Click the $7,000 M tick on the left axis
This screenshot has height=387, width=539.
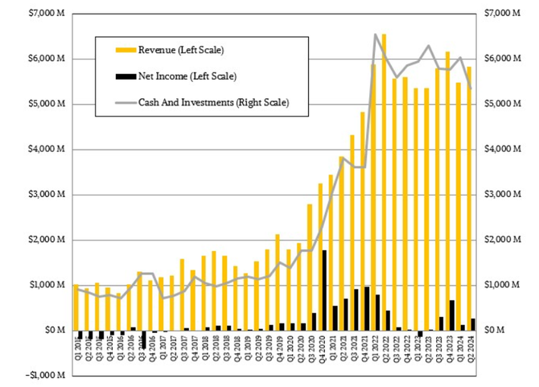[x=44, y=14]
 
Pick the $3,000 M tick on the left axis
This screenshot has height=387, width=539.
[x=44, y=195]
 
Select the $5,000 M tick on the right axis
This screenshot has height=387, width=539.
[x=502, y=104]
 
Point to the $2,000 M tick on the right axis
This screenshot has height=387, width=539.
[x=502, y=240]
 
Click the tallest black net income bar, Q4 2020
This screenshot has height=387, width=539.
[x=324, y=290]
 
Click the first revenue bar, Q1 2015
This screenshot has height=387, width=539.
[x=76, y=307]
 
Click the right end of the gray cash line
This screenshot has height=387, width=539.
[x=471, y=88]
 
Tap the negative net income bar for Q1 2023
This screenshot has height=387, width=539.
[x=420, y=333]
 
